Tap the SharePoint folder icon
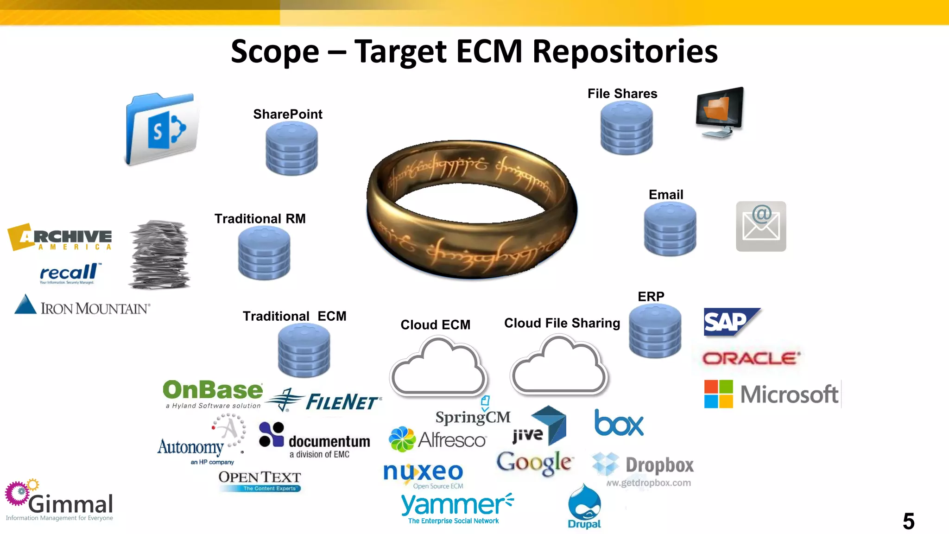pos(161,129)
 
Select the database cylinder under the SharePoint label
pos(291,148)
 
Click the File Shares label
pos(622,94)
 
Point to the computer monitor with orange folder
pos(720,112)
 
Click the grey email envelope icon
pos(761,226)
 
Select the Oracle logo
pos(751,358)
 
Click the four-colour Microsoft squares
pos(718,394)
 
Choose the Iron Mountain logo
pos(82,307)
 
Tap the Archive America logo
pos(60,237)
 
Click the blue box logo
pos(619,423)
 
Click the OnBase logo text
pos(213,390)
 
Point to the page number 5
pos(908,521)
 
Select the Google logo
pos(534,463)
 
